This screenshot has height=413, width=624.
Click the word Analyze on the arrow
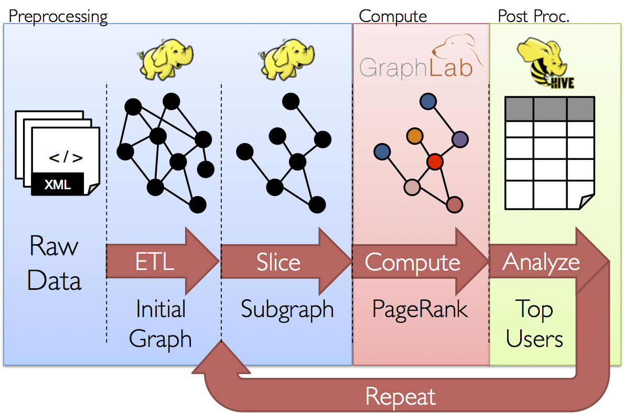click(541, 261)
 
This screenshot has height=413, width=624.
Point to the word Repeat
click(401, 396)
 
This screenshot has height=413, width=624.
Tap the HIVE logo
click(541, 66)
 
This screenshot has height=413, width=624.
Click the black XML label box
click(58, 184)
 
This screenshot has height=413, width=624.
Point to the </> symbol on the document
click(65, 158)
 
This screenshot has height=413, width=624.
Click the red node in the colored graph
click(435, 161)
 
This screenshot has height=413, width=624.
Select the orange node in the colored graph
click(415, 136)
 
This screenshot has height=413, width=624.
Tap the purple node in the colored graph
click(460, 139)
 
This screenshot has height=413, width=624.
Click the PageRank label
click(419, 309)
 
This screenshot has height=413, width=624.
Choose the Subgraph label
click(287, 309)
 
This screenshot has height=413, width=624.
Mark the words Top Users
click(534, 324)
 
